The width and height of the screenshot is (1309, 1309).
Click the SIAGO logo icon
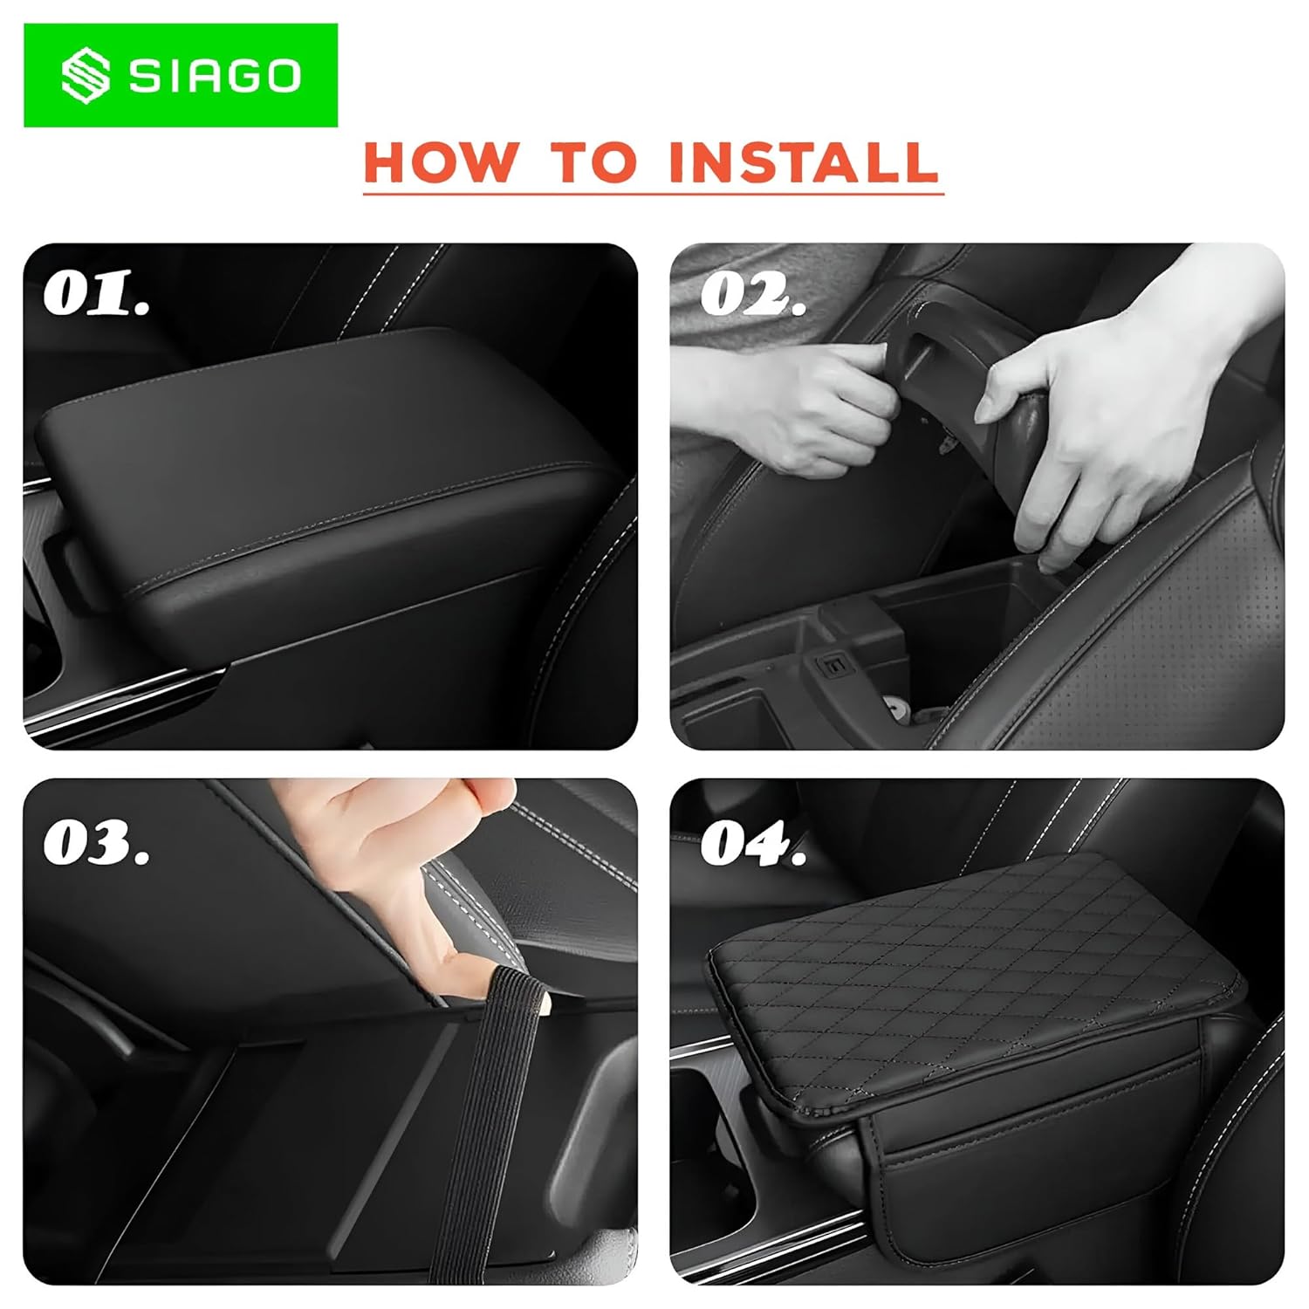[86, 75]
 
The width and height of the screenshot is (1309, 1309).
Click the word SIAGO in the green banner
[216, 76]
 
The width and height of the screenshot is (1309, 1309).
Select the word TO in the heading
[593, 161]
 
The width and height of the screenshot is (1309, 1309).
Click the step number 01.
[96, 294]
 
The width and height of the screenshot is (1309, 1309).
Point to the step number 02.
[752, 294]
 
